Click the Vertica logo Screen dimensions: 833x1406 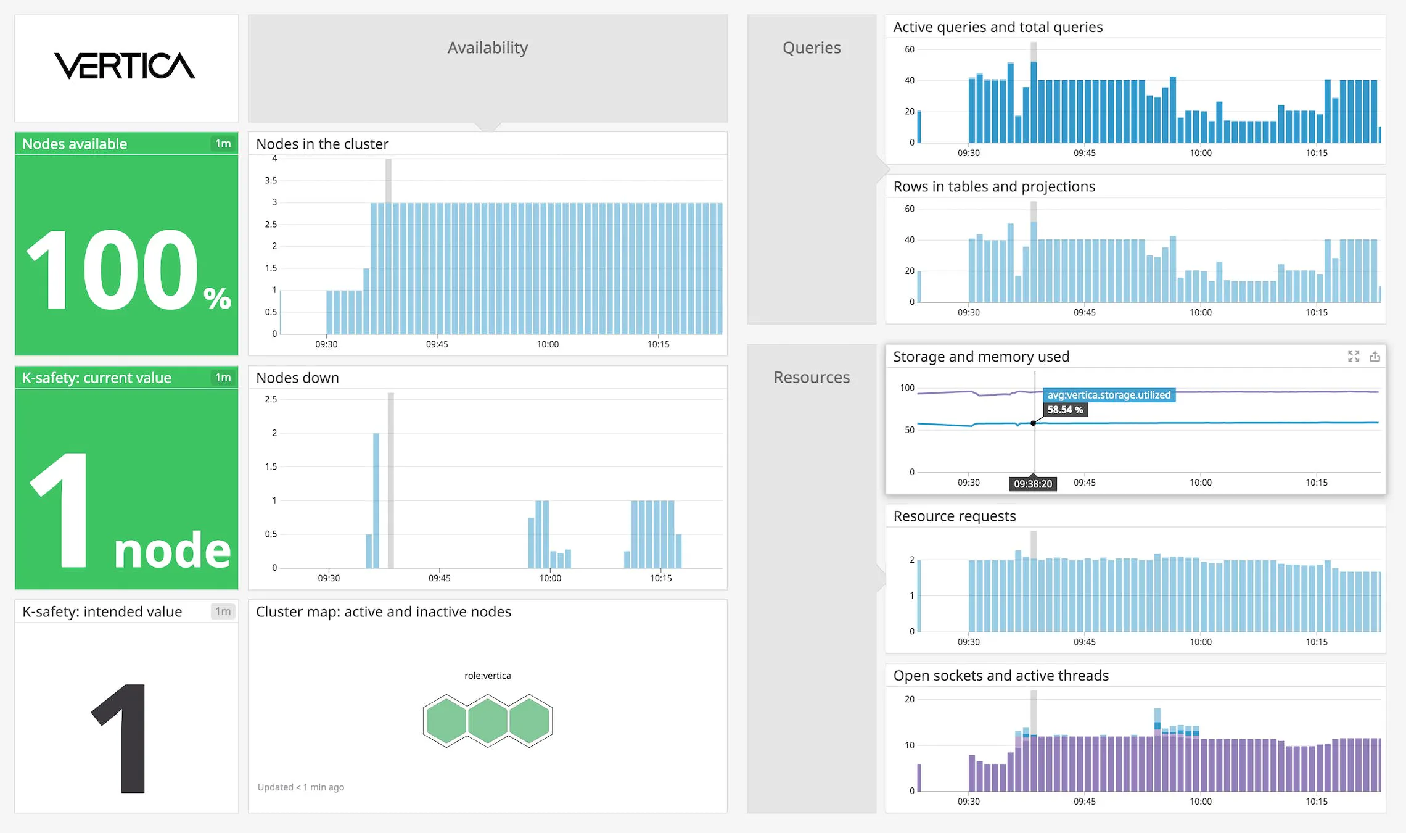pyautogui.click(x=125, y=66)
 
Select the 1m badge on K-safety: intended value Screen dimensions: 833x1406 pyautogui.click(x=223, y=611)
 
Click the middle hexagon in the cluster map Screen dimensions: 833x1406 pyautogui.click(x=487, y=720)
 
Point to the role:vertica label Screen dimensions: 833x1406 pyautogui.click(x=487, y=676)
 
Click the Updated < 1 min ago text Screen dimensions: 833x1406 pyautogui.click(x=301, y=787)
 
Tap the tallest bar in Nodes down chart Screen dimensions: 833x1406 pyautogui.click(x=376, y=500)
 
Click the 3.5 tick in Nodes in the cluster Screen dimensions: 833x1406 pyautogui.click(x=271, y=181)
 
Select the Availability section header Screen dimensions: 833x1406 pyautogui.click(x=487, y=48)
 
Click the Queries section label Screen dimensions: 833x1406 pyautogui.click(x=812, y=48)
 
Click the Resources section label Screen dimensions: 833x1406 pyautogui.click(x=812, y=378)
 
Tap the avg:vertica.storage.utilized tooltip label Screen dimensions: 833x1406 pyautogui.click(x=1109, y=395)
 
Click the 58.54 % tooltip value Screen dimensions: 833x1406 pyautogui.click(x=1065, y=410)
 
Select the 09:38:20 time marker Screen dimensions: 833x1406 pyautogui.click(x=1033, y=484)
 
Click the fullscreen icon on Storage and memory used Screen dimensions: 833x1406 pyautogui.click(x=1354, y=357)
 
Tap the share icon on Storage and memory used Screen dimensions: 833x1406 pyautogui.click(x=1375, y=357)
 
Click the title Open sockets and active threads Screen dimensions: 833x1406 pyautogui.click(x=1001, y=676)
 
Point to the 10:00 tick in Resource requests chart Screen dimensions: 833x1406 pyautogui.click(x=1200, y=642)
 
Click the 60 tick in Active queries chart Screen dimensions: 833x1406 pyautogui.click(x=910, y=49)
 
